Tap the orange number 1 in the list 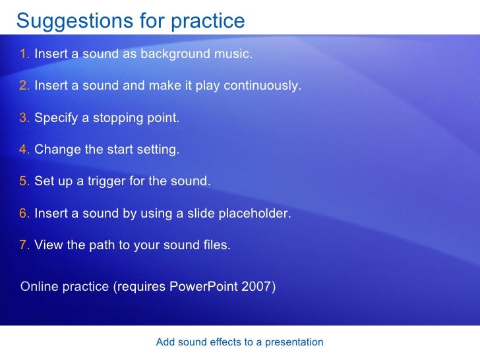pos(24,54)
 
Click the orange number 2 pos(24,86)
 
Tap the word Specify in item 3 pos(55,118)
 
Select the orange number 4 pos(24,150)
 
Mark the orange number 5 pos(24,181)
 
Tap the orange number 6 pos(24,214)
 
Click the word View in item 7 pos(47,245)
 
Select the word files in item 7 pos(216,245)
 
